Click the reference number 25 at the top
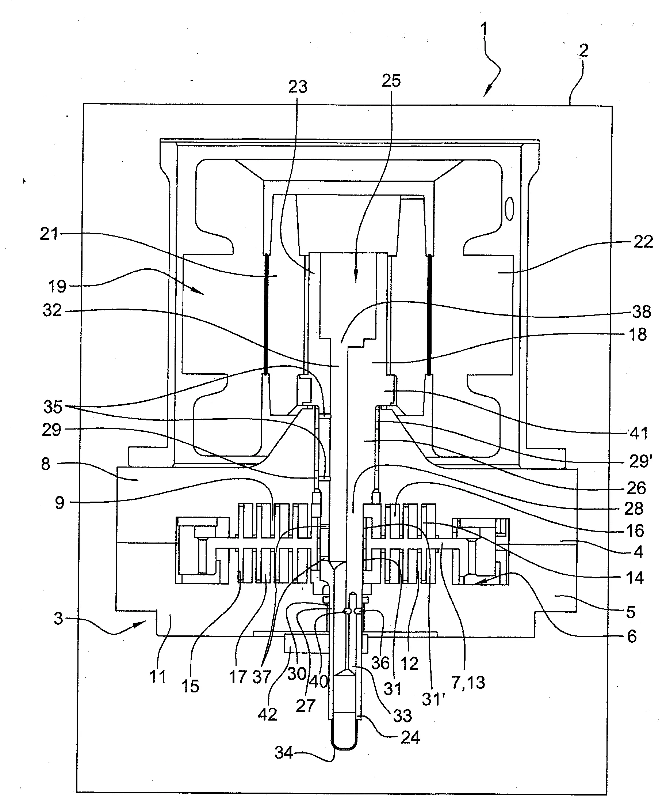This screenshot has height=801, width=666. pyautogui.click(x=391, y=81)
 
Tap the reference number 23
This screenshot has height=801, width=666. pyautogui.click(x=298, y=87)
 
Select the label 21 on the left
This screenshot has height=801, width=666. pyautogui.click(x=49, y=234)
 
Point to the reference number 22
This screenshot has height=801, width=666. pyautogui.click(x=643, y=242)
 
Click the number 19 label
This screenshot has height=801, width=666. pyautogui.click(x=57, y=286)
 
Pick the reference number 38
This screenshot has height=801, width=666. pyautogui.click(x=642, y=312)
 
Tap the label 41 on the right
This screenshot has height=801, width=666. pyautogui.click(x=639, y=433)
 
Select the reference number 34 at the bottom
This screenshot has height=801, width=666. pyautogui.click(x=284, y=752)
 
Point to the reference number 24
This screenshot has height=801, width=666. pyautogui.click(x=410, y=737)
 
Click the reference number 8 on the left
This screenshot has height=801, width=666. pyautogui.click(x=46, y=464)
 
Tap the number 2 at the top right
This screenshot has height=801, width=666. pyautogui.click(x=583, y=51)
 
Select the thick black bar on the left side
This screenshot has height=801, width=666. pyautogui.click(x=266, y=315)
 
